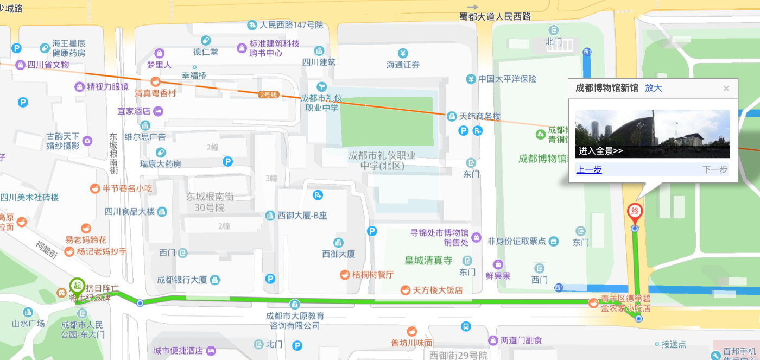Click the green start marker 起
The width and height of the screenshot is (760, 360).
click(x=77, y=285)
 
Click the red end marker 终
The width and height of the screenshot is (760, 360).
click(x=634, y=212)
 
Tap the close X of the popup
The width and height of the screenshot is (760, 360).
click(x=726, y=89)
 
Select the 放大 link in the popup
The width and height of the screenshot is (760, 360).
click(x=654, y=88)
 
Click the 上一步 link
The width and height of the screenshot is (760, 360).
click(x=589, y=169)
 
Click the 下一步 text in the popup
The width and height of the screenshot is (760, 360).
click(x=715, y=169)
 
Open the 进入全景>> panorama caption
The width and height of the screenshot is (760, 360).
click(x=600, y=151)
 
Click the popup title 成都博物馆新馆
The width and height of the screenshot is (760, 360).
click(x=606, y=88)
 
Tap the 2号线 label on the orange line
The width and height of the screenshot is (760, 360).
click(x=269, y=94)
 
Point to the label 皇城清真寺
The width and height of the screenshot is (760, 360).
click(x=428, y=260)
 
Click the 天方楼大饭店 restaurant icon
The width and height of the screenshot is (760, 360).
click(x=405, y=290)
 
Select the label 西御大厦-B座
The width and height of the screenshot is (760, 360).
click(x=302, y=216)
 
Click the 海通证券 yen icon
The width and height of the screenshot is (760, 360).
click(x=403, y=53)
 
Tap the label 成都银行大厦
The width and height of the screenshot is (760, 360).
click(x=182, y=280)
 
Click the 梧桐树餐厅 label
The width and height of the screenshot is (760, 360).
click(x=373, y=275)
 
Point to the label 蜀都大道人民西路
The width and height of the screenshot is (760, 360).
click(x=495, y=17)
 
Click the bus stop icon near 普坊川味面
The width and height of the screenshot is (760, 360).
click(x=466, y=326)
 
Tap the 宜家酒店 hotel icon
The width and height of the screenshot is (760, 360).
click(x=158, y=111)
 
